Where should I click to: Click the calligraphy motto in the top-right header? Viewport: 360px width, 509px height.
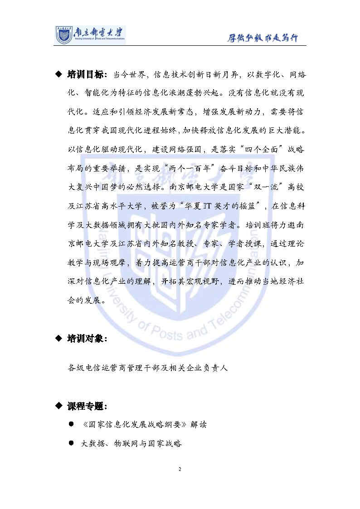click(263, 38)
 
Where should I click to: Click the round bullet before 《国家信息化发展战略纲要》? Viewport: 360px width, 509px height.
click(71, 424)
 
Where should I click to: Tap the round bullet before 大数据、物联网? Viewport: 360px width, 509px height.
click(71, 443)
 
